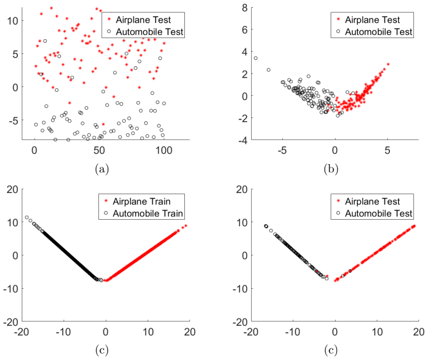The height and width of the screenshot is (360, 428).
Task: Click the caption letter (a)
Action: click(x=102, y=169)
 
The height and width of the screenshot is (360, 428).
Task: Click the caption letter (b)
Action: click(x=331, y=169)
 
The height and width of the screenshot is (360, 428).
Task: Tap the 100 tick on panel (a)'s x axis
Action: click(x=164, y=151)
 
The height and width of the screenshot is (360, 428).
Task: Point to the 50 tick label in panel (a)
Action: click(x=99, y=151)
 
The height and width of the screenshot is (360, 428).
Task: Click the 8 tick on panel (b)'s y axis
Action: click(x=245, y=8)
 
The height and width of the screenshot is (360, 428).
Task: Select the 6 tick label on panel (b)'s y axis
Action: click(x=245, y=30)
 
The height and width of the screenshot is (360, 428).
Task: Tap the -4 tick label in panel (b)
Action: click(x=243, y=140)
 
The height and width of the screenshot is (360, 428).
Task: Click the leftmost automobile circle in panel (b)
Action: click(x=256, y=58)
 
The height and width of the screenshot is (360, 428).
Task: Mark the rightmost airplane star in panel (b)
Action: click(x=388, y=64)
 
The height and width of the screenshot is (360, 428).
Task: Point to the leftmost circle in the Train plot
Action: click(x=27, y=218)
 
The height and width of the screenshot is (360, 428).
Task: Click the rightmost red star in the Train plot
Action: click(x=186, y=226)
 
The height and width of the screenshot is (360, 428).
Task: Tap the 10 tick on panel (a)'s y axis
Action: click(x=13, y=21)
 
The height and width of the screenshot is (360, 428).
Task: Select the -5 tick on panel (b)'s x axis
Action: click(x=282, y=151)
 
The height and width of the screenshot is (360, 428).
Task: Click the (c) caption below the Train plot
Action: click(x=102, y=350)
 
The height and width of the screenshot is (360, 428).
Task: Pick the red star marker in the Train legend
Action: click(x=106, y=201)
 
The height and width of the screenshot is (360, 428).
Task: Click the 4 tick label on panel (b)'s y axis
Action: click(x=245, y=52)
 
